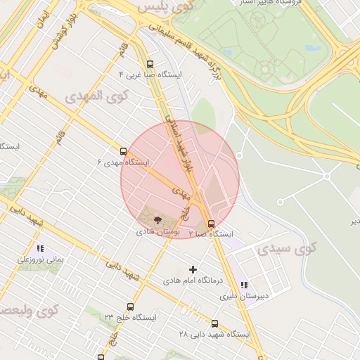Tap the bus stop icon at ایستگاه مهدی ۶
click(124, 150)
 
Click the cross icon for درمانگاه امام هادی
click(193, 269)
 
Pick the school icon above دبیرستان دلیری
click(244, 285)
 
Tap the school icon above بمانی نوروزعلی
click(40, 248)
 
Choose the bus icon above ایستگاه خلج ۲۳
click(130, 307)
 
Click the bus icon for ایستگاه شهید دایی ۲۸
click(214, 323)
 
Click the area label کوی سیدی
click(286, 248)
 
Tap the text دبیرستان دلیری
click(243, 296)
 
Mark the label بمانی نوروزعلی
click(41, 259)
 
